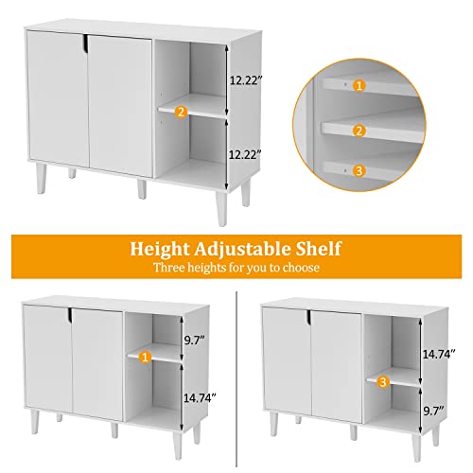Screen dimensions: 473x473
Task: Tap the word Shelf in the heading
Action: coord(318,250)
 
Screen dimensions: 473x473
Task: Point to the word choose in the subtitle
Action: coord(298,269)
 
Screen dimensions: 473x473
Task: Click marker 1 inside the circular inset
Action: coord(359,85)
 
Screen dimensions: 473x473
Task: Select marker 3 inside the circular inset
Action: coord(359,171)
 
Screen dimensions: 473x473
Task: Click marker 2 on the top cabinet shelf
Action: coord(182,112)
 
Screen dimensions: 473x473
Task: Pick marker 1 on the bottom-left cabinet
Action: coord(144,357)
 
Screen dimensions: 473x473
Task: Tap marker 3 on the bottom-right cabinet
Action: coord(382,382)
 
